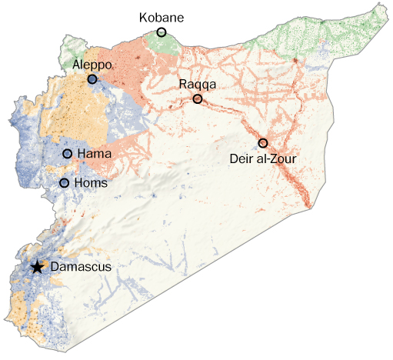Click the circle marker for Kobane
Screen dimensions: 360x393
(162, 32)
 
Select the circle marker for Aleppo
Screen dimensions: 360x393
(92, 79)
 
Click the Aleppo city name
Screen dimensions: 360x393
(93, 65)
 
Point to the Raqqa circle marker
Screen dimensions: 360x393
(198, 99)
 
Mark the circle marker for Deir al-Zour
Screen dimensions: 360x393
(263, 143)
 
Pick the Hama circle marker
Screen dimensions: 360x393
(67, 155)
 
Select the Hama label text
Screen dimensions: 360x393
(95, 155)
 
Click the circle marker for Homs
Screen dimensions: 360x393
(64, 183)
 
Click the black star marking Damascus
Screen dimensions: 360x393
(37, 267)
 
